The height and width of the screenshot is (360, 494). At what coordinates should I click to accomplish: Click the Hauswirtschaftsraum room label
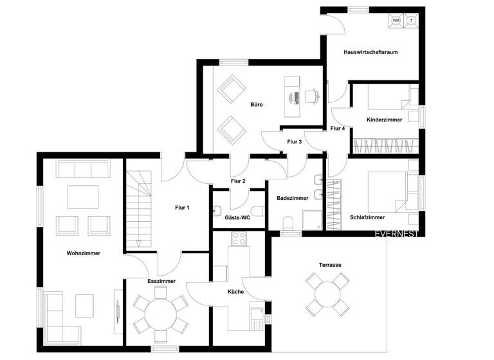point(371,53)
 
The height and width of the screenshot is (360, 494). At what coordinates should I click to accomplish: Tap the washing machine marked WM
point(396,21)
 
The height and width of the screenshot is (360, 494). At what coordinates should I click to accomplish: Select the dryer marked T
point(410,21)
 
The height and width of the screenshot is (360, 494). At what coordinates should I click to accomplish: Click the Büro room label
point(257,104)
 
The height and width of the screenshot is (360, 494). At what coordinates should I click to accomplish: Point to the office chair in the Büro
point(313,96)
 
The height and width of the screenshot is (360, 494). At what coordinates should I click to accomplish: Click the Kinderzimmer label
point(384,120)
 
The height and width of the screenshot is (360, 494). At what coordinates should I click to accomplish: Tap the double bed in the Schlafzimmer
point(390,190)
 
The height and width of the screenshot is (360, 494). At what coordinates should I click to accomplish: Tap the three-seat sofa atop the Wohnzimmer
point(82,169)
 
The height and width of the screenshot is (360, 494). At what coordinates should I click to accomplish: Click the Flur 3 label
point(295,141)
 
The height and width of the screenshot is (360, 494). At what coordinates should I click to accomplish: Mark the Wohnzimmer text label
point(84,253)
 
